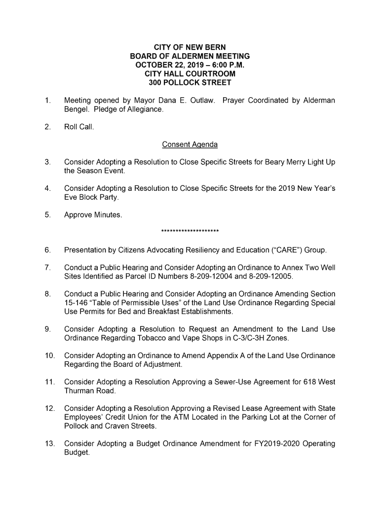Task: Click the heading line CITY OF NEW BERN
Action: point(190,47)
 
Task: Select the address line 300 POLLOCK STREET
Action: point(190,83)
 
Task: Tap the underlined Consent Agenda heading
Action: point(190,144)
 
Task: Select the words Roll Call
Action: point(79,127)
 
